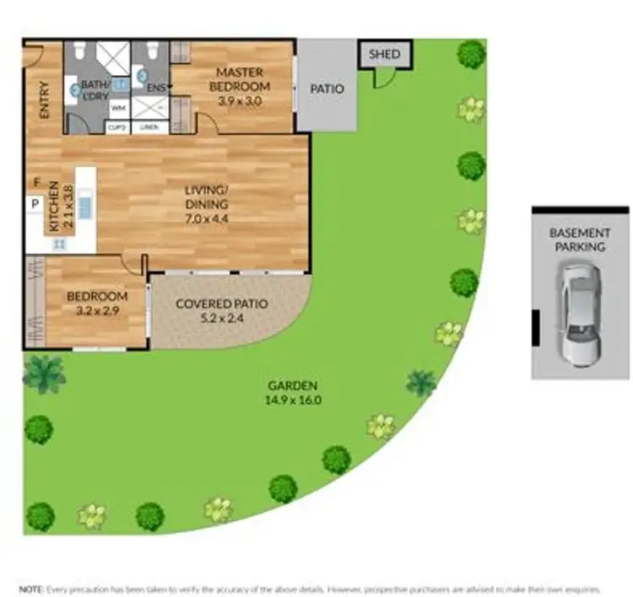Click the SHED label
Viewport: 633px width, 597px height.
(385, 55)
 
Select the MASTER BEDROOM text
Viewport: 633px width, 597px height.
(241, 80)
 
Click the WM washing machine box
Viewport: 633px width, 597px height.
(118, 107)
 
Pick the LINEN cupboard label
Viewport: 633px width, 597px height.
(150, 127)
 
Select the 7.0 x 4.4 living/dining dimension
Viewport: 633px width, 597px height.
(208, 219)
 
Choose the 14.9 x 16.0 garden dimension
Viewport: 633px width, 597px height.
(293, 400)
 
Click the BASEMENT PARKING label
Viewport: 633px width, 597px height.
(580, 239)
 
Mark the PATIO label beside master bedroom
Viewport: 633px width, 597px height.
(327, 89)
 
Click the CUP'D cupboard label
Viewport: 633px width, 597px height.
(116, 127)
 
